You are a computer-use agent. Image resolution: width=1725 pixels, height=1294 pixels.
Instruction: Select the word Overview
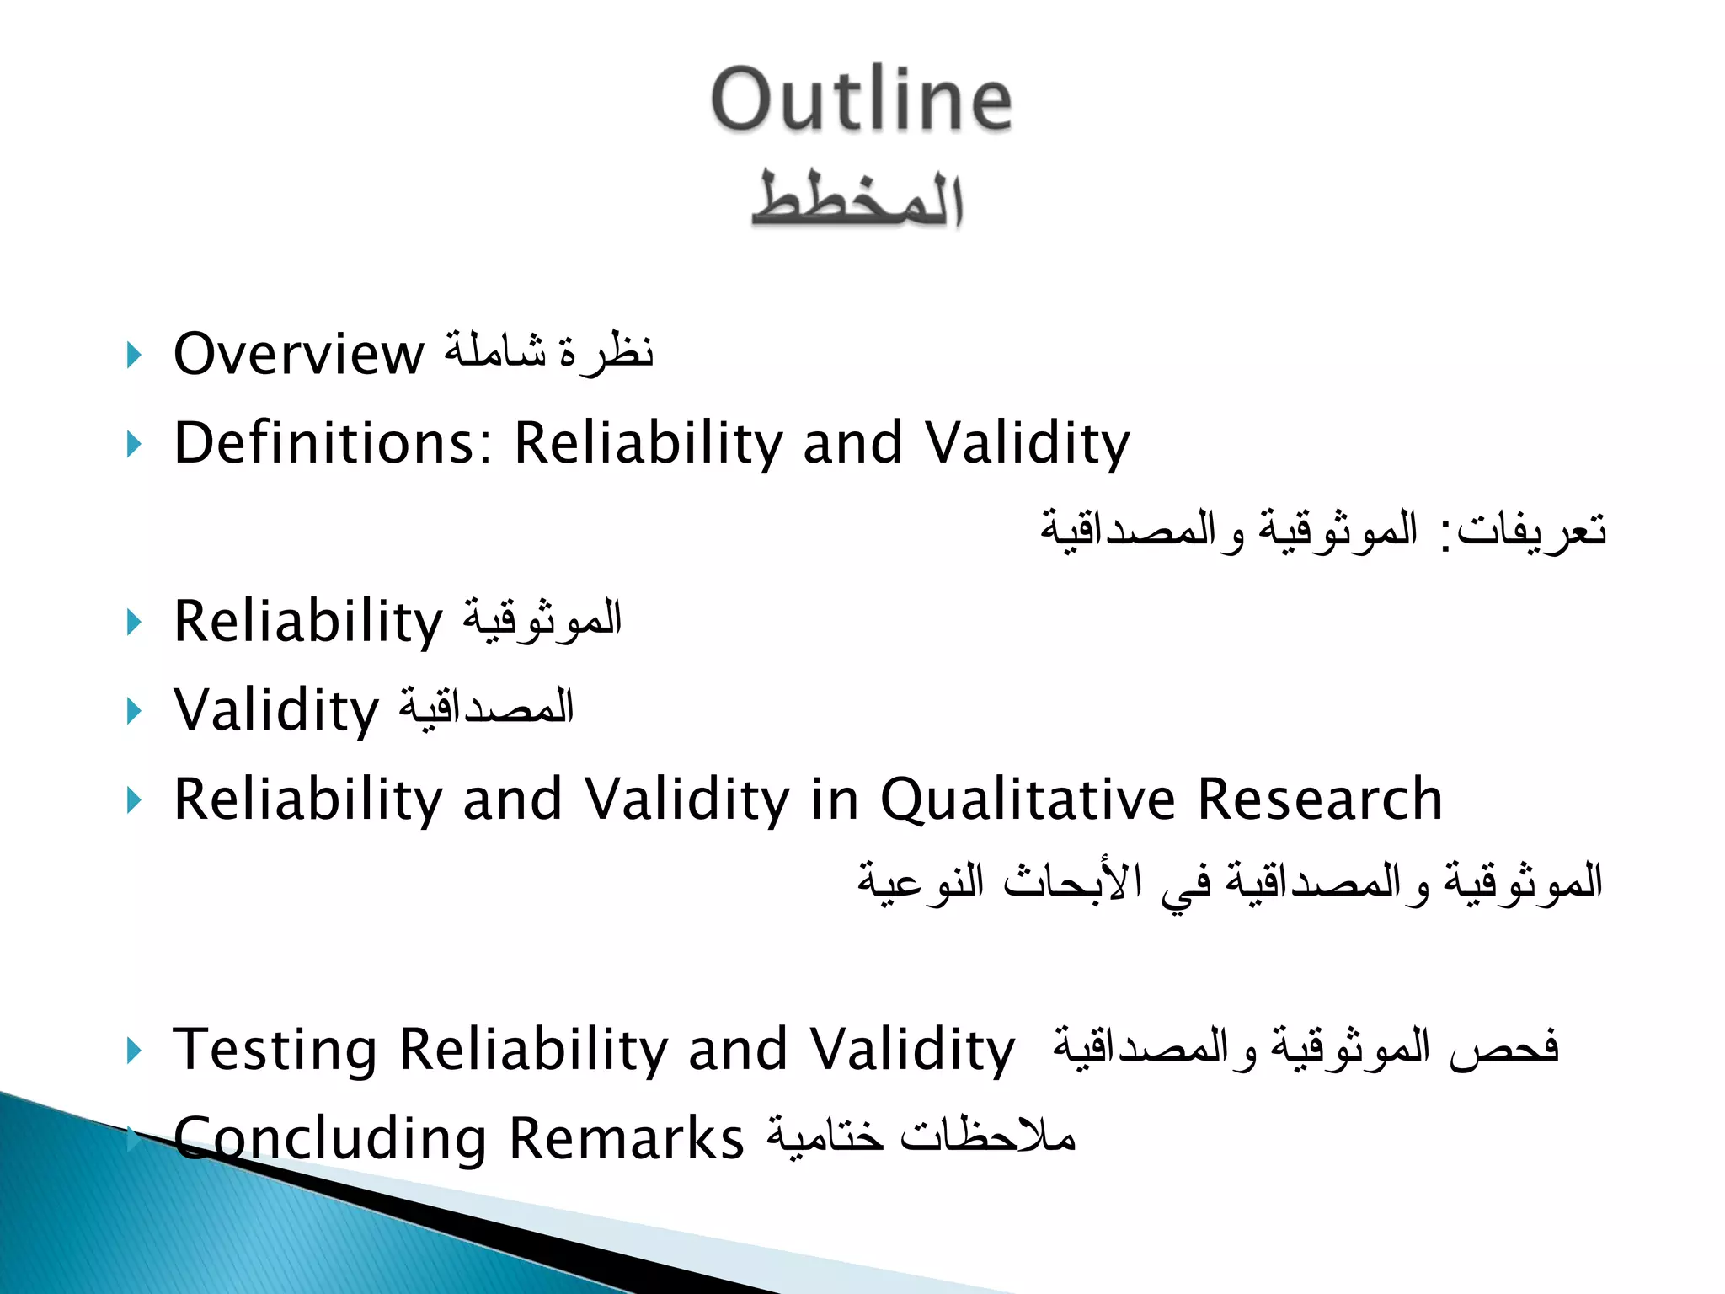coord(299,354)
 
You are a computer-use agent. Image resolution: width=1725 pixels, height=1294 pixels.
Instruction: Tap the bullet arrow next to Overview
coord(133,355)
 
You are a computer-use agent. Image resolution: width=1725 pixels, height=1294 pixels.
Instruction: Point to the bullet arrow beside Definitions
coord(133,444)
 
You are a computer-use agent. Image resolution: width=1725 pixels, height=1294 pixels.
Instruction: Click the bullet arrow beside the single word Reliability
coord(133,623)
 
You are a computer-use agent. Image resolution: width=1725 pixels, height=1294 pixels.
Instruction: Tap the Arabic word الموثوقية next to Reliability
coord(542,619)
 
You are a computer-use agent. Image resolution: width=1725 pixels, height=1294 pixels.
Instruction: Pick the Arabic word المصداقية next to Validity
coord(487,708)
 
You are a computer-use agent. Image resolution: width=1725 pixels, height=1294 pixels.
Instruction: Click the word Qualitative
coord(1027,799)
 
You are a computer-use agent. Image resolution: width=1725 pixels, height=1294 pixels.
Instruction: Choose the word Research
coord(1320,799)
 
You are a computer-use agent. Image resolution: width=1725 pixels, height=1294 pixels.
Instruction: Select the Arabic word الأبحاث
coord(1072,881)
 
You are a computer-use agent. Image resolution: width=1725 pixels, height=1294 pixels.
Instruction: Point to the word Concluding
coord(330,1139)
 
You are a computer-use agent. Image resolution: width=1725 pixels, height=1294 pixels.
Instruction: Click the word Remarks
coord(627,1139)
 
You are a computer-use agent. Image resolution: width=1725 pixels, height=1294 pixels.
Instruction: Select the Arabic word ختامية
coord(825,1136)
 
